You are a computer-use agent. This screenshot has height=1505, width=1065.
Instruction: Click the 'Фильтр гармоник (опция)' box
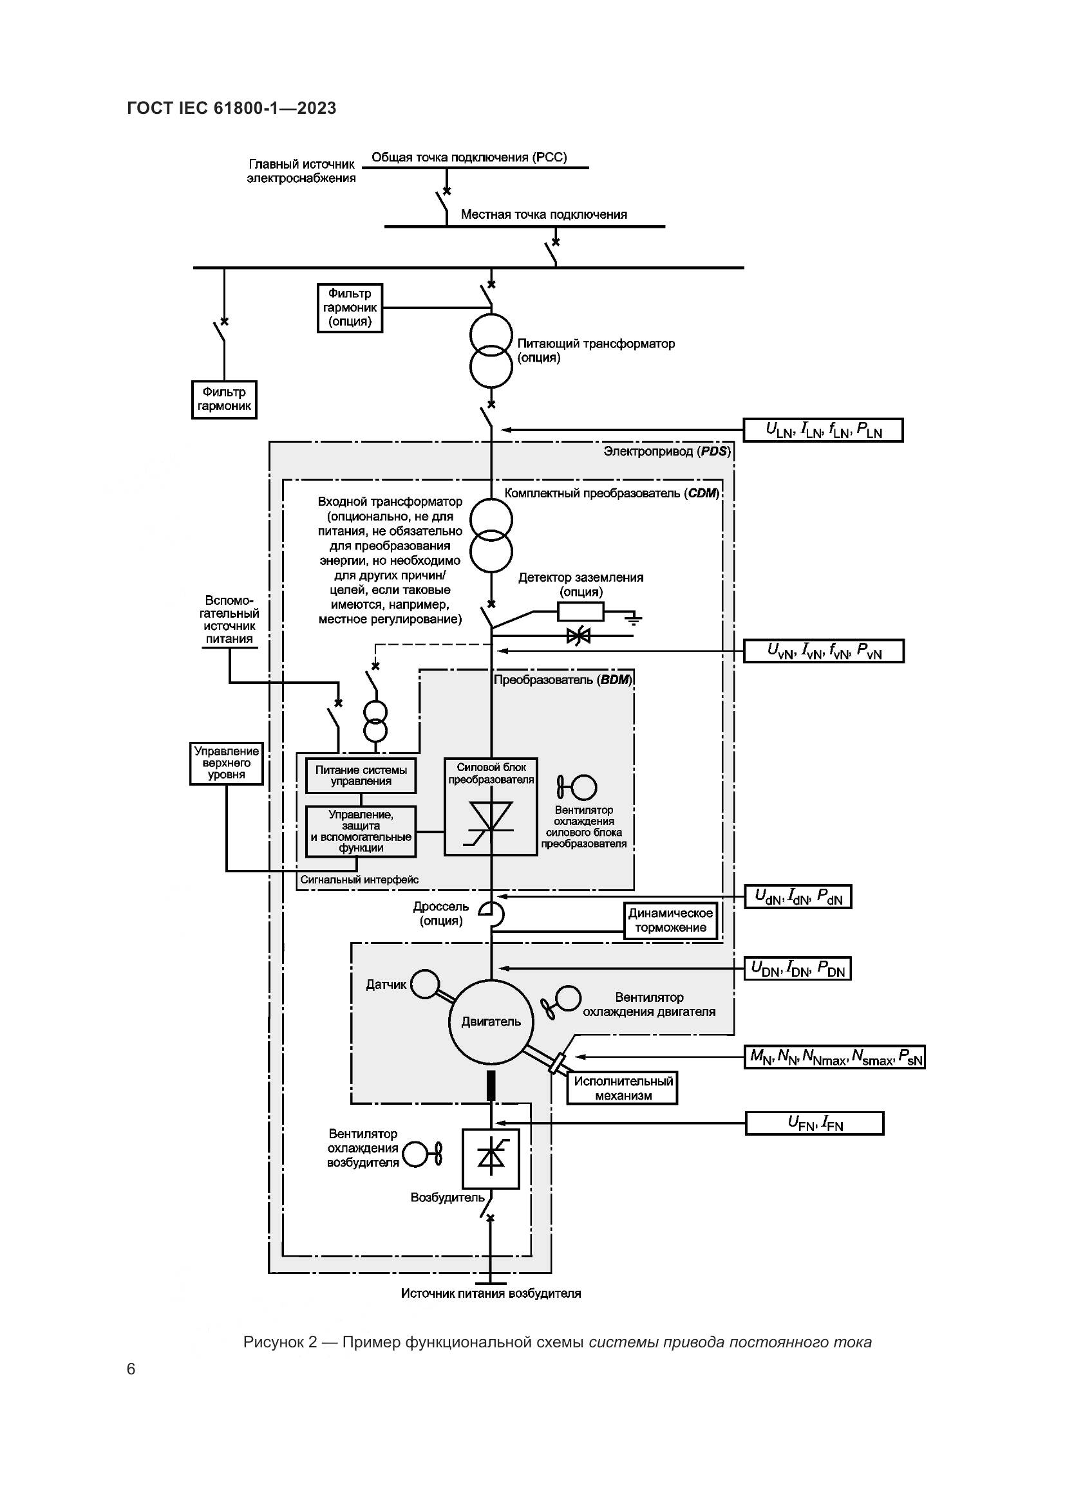(350, 308)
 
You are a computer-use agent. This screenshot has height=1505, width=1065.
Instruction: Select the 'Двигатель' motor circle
(491, 1021)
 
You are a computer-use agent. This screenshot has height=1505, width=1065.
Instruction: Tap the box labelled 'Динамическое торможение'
(670, 920)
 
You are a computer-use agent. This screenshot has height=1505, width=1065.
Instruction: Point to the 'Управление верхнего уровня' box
(226, 763)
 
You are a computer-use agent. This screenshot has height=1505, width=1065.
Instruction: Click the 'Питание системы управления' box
(361, 775)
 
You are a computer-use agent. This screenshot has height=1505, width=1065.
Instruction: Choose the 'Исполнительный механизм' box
(623, 1088)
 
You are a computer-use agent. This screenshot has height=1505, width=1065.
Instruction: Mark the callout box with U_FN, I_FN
(815, 1123)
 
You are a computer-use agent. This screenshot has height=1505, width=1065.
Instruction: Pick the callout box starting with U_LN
(823, 430)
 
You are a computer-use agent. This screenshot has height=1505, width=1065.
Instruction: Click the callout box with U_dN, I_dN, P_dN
(798, 896)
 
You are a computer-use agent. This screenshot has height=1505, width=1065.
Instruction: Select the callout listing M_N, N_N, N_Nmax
(834, 1057)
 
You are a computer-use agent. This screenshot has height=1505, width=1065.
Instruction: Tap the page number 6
(131, 1369)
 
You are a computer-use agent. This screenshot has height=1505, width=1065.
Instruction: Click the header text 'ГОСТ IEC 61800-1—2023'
(232, 108)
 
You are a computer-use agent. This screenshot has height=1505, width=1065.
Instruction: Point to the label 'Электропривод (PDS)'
(666, 451)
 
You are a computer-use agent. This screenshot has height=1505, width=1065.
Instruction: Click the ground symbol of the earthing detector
(634, 618)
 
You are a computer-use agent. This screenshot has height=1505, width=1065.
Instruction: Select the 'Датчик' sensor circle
(425, 984)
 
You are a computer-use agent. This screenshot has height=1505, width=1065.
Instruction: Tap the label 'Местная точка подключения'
(543, 214)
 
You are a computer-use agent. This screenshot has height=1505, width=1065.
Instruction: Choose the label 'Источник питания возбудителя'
(491, 1293)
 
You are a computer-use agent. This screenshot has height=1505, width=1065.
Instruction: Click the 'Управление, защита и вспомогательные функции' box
(361, 831)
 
